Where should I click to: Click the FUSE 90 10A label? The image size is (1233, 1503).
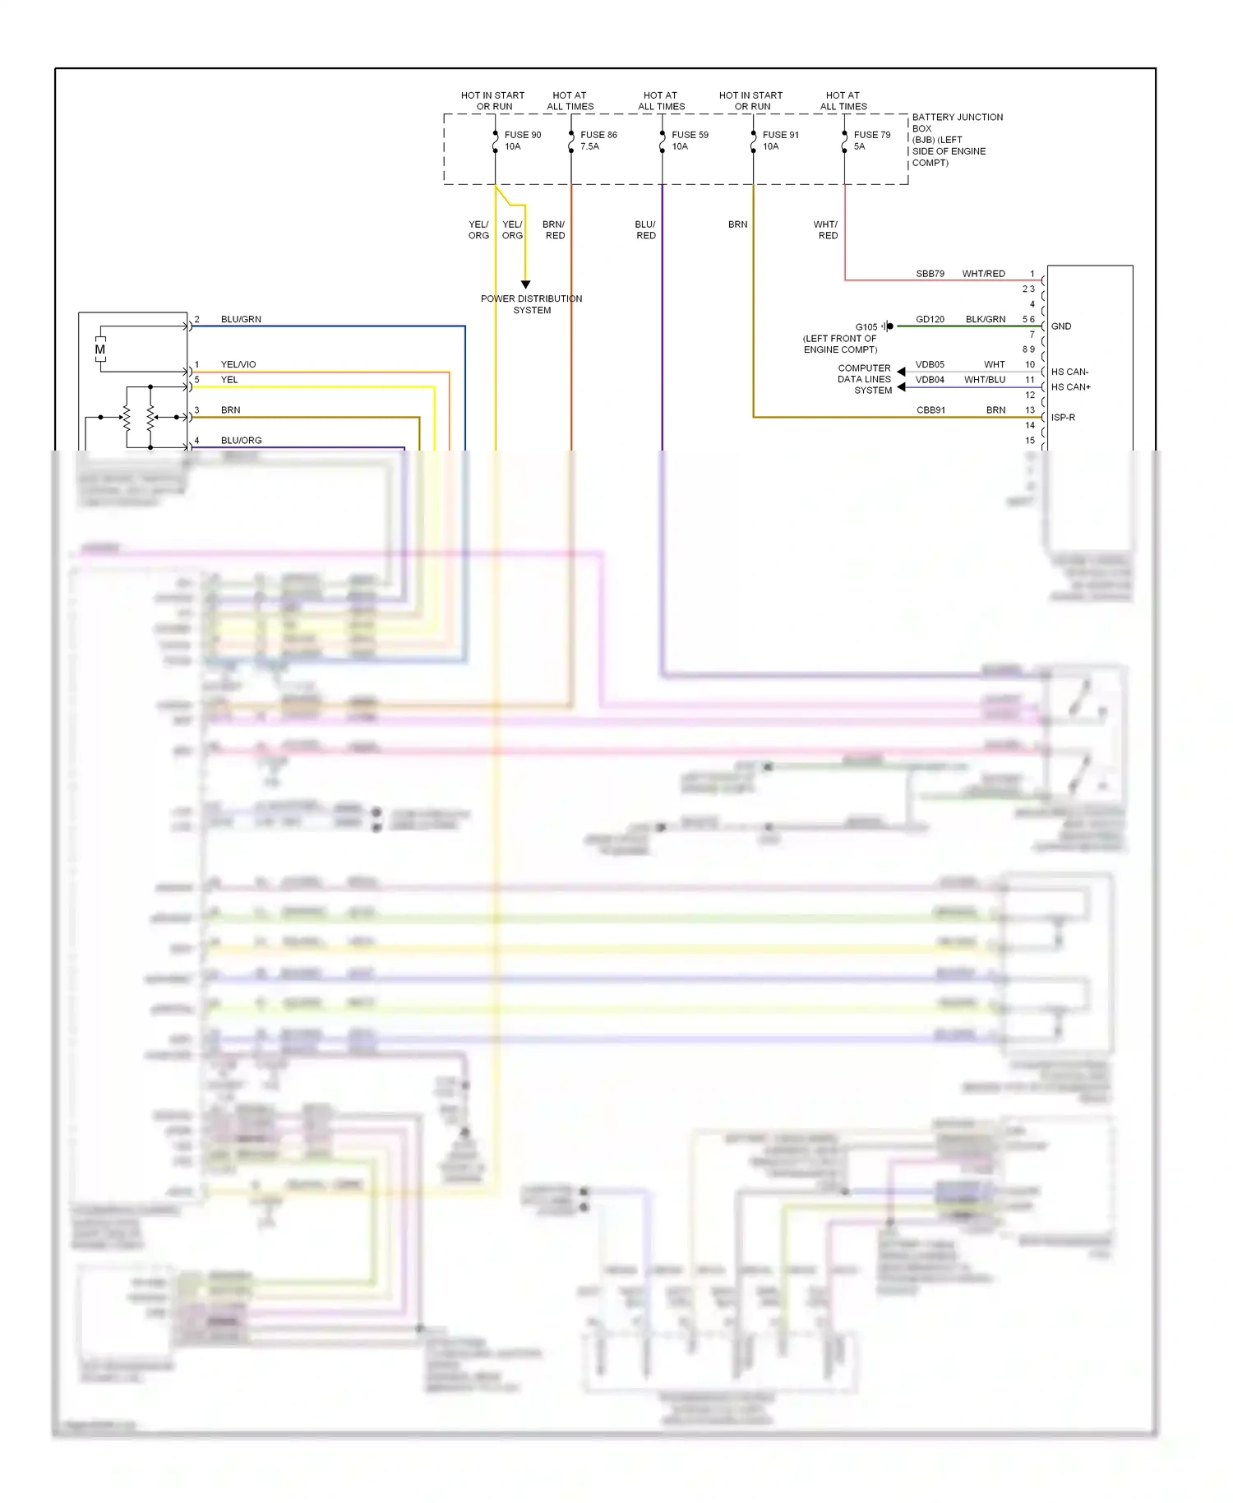click(x=522, y=141)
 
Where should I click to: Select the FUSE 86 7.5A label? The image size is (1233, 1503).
click(x=598, y=141)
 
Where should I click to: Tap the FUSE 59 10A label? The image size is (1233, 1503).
click(x=689, y=141)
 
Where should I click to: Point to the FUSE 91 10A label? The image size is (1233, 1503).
click(x=780, y=141)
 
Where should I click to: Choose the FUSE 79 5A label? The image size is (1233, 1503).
click(x=871, y=141)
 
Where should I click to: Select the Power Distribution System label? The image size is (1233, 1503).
click(x=531, y=304)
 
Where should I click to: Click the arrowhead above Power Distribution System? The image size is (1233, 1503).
click(x=525, y=284)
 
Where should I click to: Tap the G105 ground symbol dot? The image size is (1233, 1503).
click(x=890, y=326)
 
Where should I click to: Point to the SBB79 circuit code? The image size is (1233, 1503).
click(x=930, y=274)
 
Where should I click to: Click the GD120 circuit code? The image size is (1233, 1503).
click(x=930, y=319)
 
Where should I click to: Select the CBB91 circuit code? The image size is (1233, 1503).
click(x=931, y=410)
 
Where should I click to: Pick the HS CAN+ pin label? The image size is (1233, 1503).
click(x=1070, y=387)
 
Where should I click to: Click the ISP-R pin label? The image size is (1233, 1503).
click(x=1063, y=418)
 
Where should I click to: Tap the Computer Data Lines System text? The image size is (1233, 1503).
click(x=864, y=379)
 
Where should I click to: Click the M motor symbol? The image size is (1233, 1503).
click(x=100, y=349)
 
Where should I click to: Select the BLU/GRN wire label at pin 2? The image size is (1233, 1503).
click(x=241, y=319)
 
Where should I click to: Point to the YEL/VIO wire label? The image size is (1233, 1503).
click(x=238, y=364)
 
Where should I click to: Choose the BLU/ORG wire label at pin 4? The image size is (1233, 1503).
click(x=241, y=441)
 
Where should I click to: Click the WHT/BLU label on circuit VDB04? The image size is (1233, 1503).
click(x=984, y=380)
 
